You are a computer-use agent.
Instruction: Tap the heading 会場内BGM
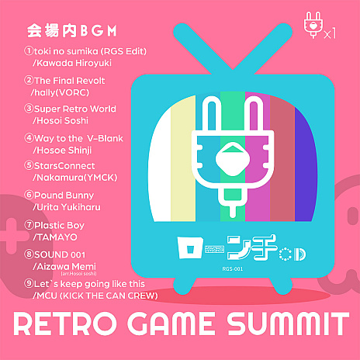pos(71,32)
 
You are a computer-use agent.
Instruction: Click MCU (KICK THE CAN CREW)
pos(93,296)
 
